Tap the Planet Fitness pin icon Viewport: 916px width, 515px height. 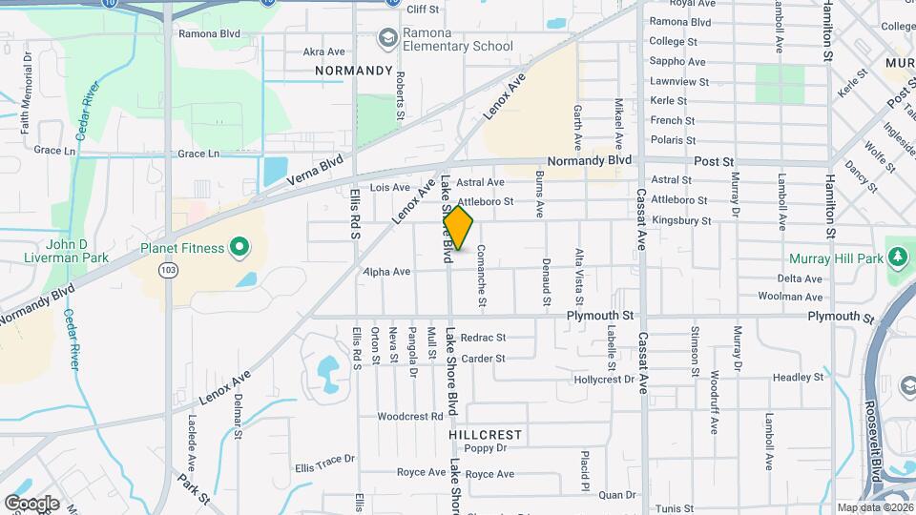pyautogui.click(x=238, y=249)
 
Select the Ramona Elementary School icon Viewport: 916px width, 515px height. pyautogui.click(x=387, y=38)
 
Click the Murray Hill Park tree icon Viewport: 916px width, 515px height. pyautogui.click(x=896, y=257)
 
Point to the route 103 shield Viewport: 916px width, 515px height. pyautogui.click(x=169, y=271)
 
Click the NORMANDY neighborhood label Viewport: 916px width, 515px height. pyautogui.click(x=354, y=71)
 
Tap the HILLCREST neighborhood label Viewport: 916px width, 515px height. pyautogui.click(x=486, y=435)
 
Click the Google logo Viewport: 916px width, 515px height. pyautogui.click(x=31, y=503)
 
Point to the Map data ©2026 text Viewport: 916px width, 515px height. pyautogui.click(x=875, y=507)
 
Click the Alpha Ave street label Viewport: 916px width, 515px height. pyautogui.click(x=386, y=272)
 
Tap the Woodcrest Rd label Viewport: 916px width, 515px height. pyautogui.click(x=410, y=417)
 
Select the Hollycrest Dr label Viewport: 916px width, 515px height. pyautogui.click(x=604, y=380)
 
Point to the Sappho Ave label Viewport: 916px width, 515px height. pyautogui.click(x=677, y=61)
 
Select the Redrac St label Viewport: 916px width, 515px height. pyautogui.click(x=482, y=338)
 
